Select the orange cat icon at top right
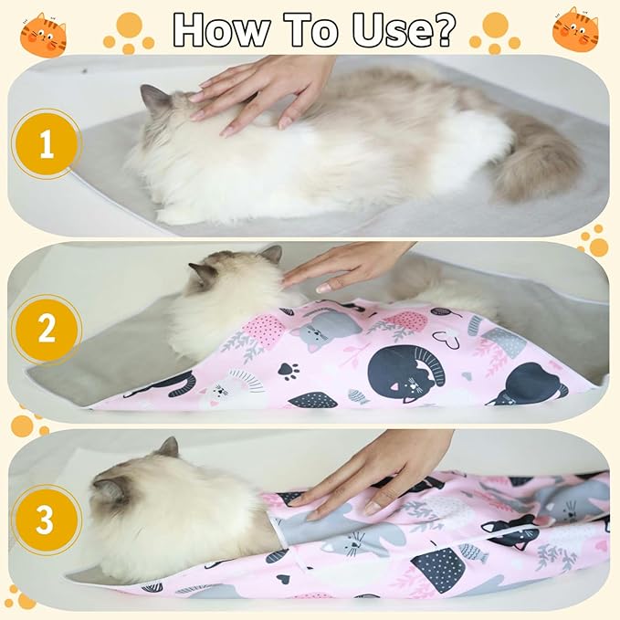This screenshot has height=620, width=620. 575,28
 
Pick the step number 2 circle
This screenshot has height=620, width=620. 45,328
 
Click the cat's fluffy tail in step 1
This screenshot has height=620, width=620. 539,164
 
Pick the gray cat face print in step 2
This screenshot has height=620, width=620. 324,329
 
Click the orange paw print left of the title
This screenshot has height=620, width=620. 129,33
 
